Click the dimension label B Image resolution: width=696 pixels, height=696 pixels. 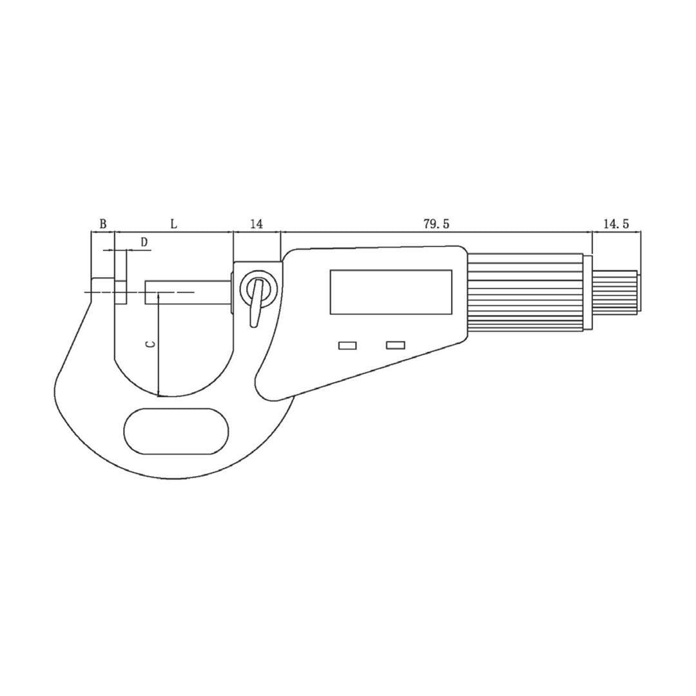[x=102, y=224]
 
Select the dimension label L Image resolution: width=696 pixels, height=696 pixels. [x=173, y=224]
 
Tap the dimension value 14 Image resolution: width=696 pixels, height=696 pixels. [x=256, y=224]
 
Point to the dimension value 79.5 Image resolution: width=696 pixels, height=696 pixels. [x=436, y=224]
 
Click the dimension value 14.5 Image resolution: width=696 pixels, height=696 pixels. [x=616, y=224]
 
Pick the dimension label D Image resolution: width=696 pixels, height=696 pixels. [x=144, y=242]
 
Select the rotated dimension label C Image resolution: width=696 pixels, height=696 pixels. [x=150, y=344]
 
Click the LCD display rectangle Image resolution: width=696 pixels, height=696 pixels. [x=391, y=292]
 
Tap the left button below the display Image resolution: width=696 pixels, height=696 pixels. [x=347, y=346]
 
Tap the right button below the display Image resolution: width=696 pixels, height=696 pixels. [x=395, y=345]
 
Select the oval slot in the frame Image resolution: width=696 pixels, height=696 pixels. [x=176, y=431]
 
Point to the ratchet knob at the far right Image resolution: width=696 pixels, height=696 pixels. [x=615, y=292]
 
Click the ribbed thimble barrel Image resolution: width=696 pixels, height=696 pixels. [x=525, y=292]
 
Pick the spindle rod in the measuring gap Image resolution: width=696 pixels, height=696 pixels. [x=188, y=292]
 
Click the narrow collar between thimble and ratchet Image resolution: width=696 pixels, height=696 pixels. [x=588, y=292]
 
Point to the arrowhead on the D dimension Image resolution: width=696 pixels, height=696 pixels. [x=111, y=250]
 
